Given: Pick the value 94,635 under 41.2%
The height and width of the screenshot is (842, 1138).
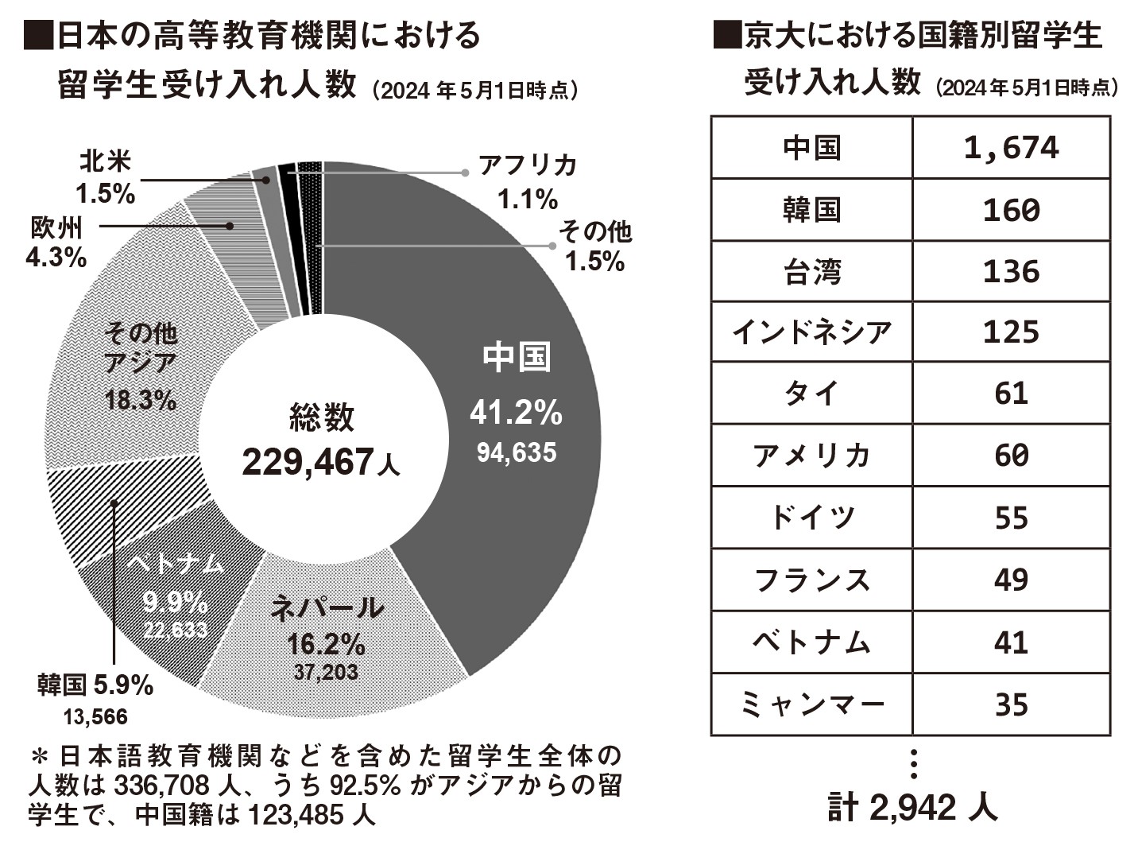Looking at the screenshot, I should pos(517,452).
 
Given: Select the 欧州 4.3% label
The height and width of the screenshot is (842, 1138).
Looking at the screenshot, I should pos(56,242).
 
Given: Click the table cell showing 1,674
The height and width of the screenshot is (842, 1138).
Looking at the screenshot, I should pos(1011,147).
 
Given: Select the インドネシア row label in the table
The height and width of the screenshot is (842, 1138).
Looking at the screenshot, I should pos(811,332).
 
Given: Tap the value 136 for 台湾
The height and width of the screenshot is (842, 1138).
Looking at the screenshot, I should pos(1011,271).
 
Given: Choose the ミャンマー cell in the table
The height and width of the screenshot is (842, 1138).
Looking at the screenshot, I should pos(811,704).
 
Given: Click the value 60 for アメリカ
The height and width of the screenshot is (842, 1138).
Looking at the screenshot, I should pos(1011,456).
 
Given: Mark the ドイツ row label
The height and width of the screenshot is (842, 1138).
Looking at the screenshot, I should pos(811,518).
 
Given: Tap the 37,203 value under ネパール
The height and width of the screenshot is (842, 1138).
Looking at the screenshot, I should pos(326,672).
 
